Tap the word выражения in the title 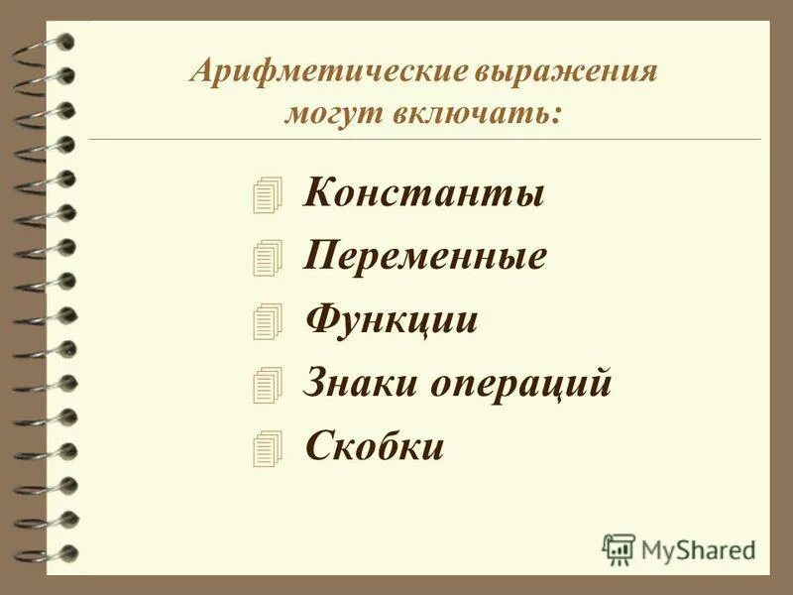click(x=569, y=73)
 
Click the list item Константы click(x=425, y=191)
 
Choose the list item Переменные click(x=426, y=257)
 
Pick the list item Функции click(x=392, y=320)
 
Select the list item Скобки click(x=374, y=447)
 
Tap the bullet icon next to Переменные click(x=267, y=258)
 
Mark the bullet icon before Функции click(x=267, y=321)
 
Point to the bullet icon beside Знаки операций click(x=267, y=385)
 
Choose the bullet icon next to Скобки click(x=267, y=448)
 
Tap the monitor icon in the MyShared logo click(x=619, y=548)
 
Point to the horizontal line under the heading click(x=426, y=140)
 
